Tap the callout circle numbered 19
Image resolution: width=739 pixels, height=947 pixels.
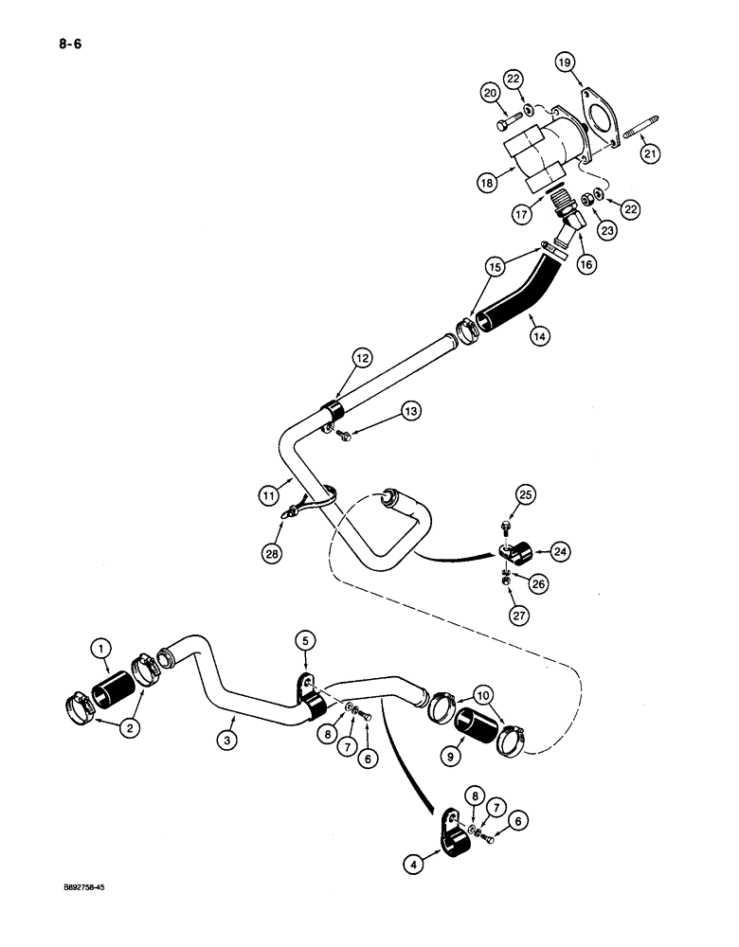[x=565, y=63]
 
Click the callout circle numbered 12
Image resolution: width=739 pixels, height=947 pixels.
[x=362, y=358]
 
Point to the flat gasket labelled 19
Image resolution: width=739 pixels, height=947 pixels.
[x=600, y=118]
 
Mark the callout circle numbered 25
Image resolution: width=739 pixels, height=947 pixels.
[x=528, y=493]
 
